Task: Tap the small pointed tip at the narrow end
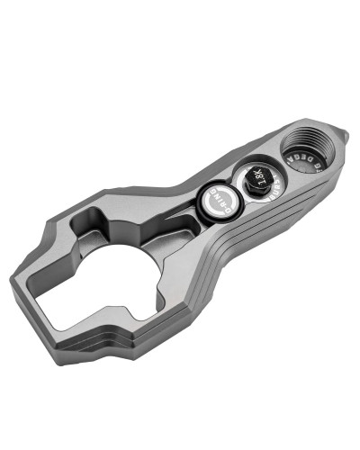pyautogui.click(x=344, y=136)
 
